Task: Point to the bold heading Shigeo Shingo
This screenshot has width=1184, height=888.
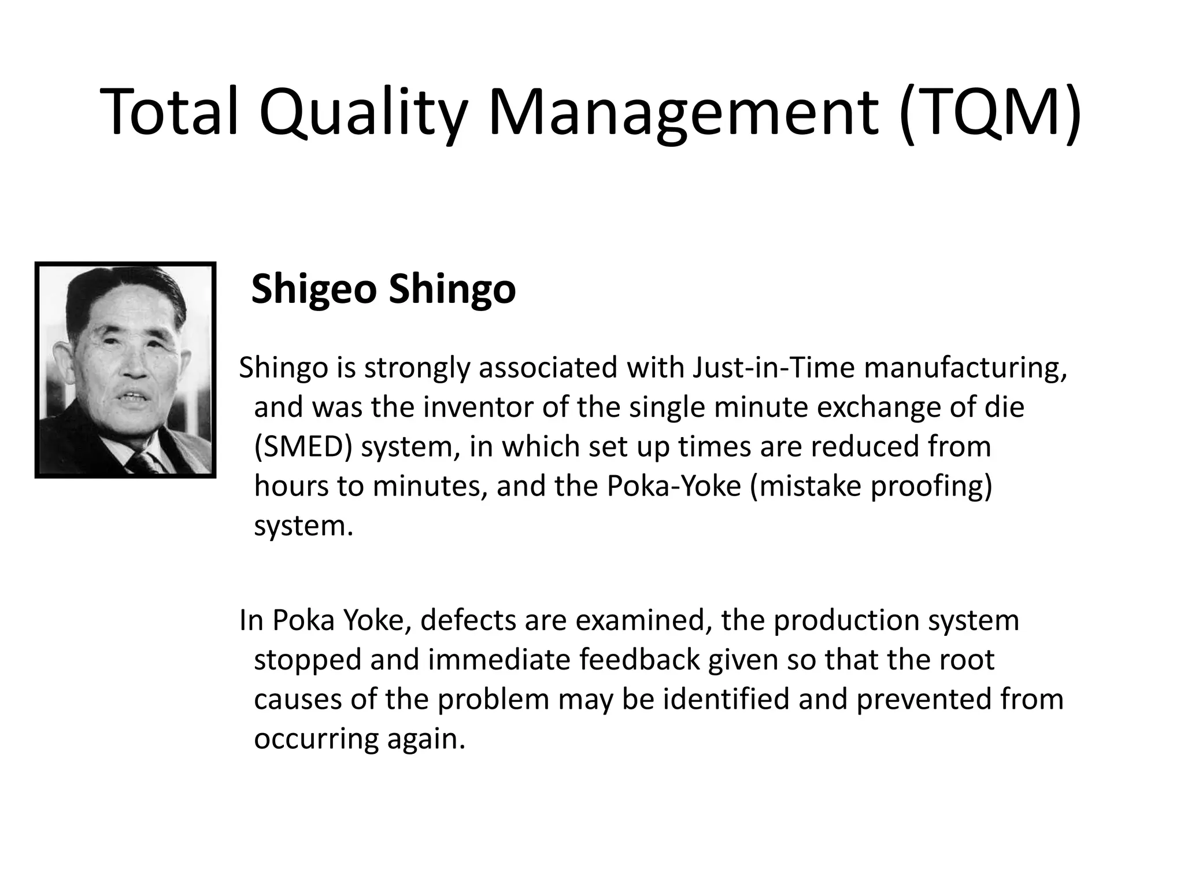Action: pyautogui.click(x=383, y=289)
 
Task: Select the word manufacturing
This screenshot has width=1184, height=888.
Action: pyautogui.click(x=965, y=369)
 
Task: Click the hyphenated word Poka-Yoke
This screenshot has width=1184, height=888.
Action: pyautogui.click(x=674, y=486)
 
